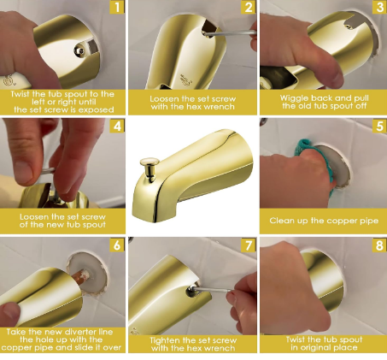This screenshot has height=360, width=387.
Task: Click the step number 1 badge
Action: [x=117, y=7]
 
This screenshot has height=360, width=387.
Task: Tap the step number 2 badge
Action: [x=249, y=7]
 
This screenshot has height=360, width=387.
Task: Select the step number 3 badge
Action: [x=380, y=7]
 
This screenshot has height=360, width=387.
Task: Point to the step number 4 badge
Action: [x=117, y=126]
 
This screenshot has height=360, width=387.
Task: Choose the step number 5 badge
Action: [x=380, y=126]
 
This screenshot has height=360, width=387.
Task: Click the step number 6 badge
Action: [x=117, y=245]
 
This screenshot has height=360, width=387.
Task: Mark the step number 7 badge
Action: [x=249, y=245]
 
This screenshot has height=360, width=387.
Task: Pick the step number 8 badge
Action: [x=380, y=245]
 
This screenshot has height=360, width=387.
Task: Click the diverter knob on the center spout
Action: [x=150, y=168]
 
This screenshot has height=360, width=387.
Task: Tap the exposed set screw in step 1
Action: [x=79, y=51]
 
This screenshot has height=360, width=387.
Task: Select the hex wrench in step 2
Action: [x=230, y=33]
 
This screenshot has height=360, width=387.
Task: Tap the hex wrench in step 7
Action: [x=212, y=290]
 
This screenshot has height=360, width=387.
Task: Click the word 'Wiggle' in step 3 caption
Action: [x=294, y=98]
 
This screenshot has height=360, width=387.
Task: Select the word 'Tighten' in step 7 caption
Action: [x=165, y=340]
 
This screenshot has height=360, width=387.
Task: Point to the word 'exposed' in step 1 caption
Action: [x=96, y=110]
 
